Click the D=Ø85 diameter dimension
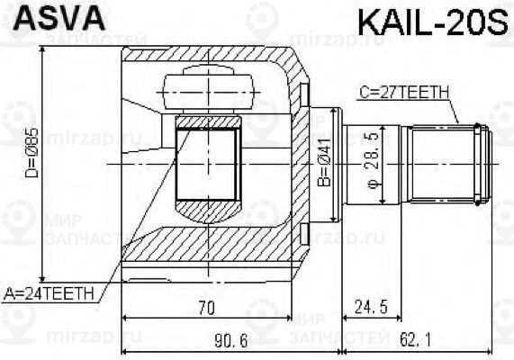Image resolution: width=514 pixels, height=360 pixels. point(33,162)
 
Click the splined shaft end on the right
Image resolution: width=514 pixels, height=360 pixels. point(447,163)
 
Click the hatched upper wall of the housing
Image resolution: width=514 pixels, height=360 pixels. point(207,57)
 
